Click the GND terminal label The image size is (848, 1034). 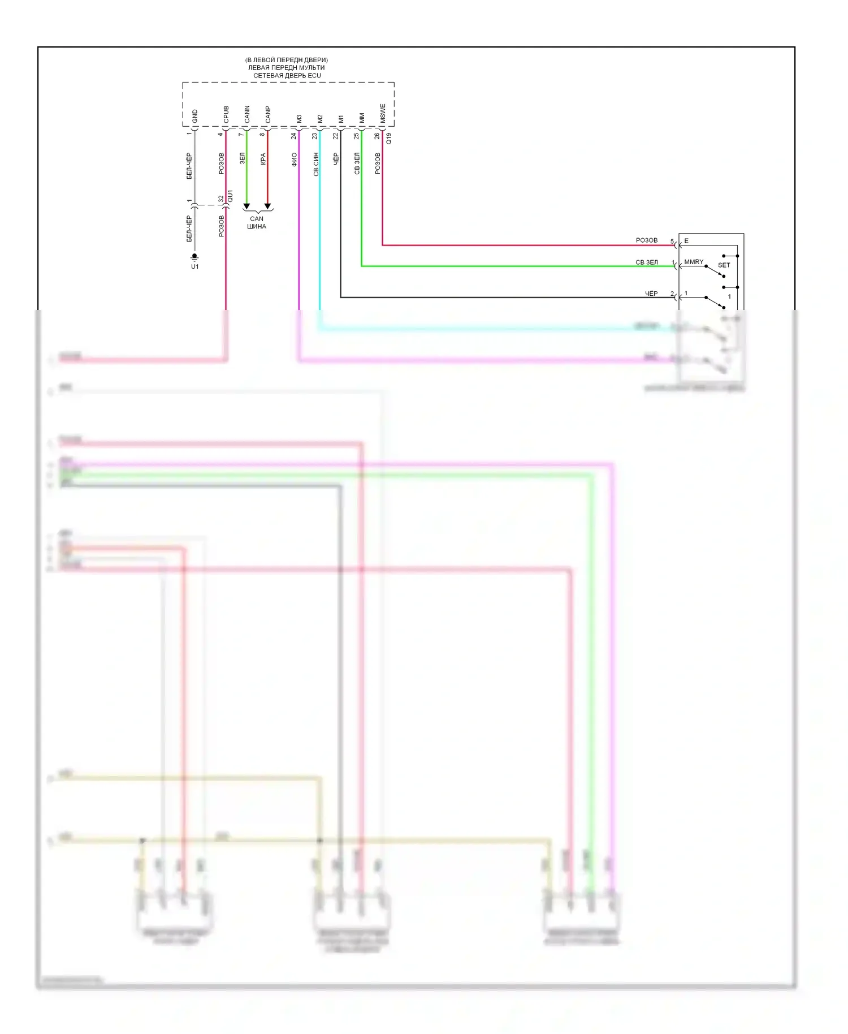[195, 116]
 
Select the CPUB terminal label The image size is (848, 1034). [226, 114]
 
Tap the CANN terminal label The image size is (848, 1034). [247, 114]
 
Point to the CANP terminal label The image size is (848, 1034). [268, 114]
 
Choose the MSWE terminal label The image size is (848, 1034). [383, 113]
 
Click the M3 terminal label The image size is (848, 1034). [299, 119]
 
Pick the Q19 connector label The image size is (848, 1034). [388, 138]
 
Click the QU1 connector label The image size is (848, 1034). [230, 196]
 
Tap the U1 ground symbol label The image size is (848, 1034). [195, 266]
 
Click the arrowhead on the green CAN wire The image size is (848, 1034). [246, 206]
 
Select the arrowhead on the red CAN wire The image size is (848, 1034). [268, 206]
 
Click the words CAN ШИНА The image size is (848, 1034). [257, 222]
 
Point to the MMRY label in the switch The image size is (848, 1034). [694, 262]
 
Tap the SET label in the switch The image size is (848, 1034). [724, 265]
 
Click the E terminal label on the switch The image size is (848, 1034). [686, 241]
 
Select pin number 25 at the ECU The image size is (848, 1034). [356, 136]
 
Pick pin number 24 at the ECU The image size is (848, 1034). [293, 136]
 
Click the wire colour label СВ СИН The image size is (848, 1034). [316, 163]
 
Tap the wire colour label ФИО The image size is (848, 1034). [295, 159]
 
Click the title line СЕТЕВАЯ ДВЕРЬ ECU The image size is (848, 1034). [287, 75]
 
